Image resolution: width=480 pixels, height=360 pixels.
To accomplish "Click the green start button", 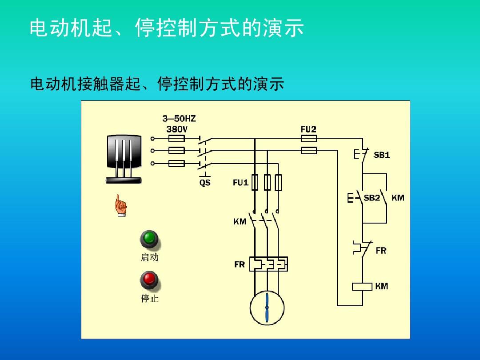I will pos(149,239).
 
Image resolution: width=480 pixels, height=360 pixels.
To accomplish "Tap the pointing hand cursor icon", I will pos(120,205).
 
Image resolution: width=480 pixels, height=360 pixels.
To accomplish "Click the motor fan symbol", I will pos(267,308).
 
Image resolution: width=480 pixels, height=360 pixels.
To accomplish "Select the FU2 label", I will pos(308,129).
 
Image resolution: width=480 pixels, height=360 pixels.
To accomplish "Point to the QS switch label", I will pos(204,183).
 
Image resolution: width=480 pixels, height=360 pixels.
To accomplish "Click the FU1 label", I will pos(240,182).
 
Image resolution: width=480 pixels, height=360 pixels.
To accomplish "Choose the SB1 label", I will pos(381,155).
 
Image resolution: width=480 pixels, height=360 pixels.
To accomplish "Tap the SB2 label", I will pos(372,198).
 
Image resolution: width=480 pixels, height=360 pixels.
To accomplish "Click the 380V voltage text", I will pos(177,129).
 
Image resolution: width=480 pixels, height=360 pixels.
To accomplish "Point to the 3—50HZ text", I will pos(179,119).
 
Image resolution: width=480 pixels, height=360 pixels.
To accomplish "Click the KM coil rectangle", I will pos(362,287).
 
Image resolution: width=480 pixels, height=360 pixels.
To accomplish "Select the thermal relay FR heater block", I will pos(268,264).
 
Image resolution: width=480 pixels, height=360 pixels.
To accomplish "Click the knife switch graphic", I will pos(124,158).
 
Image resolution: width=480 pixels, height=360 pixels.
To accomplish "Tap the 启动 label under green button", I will pos(149,257).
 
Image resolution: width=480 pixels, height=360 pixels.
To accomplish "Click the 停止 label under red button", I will pos(150,299).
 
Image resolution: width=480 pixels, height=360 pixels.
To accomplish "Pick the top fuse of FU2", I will pos(309,139).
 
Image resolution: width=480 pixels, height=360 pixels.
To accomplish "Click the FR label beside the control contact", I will pos(381,251).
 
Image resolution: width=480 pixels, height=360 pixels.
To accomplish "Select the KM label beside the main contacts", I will pos(240,221).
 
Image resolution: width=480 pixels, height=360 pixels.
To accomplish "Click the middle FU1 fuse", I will pos(267,182).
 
